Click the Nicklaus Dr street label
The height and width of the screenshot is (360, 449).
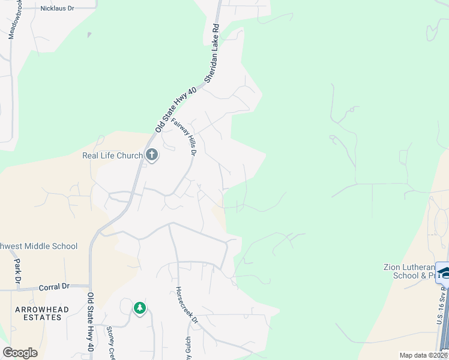(57, 8)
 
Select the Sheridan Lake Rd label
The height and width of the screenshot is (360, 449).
(213, 53)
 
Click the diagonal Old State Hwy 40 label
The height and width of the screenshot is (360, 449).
(176, 109)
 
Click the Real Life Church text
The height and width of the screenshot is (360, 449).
(112, 156)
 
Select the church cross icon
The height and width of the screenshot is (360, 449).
(152, 155)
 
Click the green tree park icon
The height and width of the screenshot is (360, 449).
(140, 308)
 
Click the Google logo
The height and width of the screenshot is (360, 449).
(20, 353)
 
